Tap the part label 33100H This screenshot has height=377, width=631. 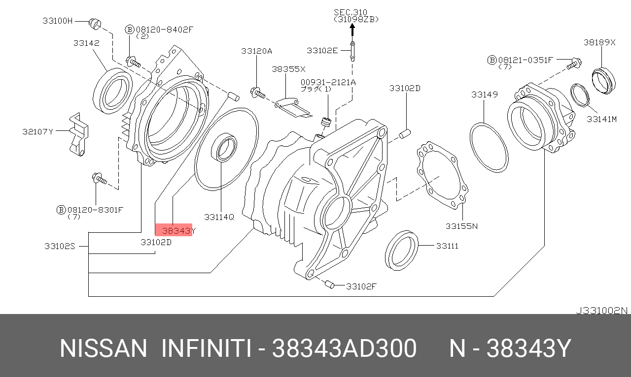(57, 21)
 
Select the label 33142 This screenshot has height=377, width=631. (86, 43)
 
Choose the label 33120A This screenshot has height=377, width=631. (256, 51)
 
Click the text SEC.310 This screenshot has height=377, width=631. (351, 12)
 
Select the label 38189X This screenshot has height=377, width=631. (600, 42)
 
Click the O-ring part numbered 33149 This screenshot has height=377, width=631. (489, 146)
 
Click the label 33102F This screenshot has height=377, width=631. (361, 285)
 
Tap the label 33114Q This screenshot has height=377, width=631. (219, 217)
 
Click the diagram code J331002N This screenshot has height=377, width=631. (602, 310)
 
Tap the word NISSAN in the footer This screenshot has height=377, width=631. (104, 348)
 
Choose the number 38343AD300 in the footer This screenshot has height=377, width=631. (345, 348)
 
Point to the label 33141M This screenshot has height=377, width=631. (601, 119)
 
